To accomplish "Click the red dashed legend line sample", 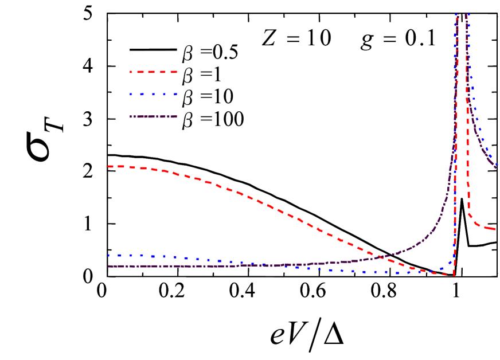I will [154, 72].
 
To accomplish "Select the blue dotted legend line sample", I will [154, 94].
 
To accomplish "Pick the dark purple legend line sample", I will [154, 116].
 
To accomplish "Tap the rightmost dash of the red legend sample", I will [173, 72].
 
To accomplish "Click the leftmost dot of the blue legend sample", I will [131, 94].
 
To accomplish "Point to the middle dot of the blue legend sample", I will [154, 94].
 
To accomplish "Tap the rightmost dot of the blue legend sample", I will [175, 94].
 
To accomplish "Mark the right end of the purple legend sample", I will [176, 116].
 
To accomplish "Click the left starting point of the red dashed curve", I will [108, 166].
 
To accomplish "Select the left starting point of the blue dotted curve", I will [108, 255].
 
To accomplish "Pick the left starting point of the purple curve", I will [108, 266].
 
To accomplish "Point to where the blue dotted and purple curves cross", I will [269, 265].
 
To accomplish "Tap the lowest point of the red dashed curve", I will [453, 276].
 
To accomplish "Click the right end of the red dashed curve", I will [495, 229].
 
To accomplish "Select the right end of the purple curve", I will [496, 167].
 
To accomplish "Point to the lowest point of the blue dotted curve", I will [396, 273].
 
